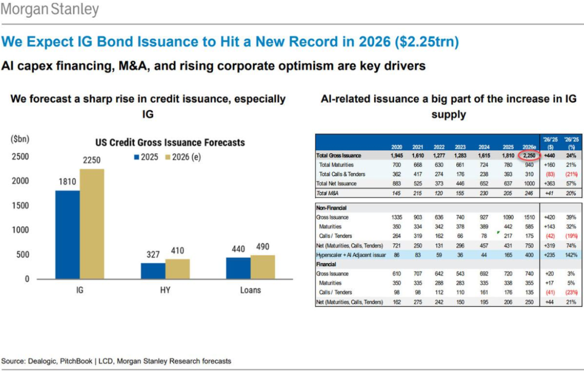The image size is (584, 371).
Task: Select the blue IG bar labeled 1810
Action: click(x=67, y=234)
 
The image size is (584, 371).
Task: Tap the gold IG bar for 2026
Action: click(x=92, y=223)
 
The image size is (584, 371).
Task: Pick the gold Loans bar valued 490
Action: click(x=262, y=267)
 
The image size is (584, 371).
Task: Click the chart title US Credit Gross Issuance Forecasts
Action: click(x=169, y=142)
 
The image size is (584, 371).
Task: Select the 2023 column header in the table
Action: click(x=460, y=146)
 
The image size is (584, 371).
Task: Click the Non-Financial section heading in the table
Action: click(x=332, y=208)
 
